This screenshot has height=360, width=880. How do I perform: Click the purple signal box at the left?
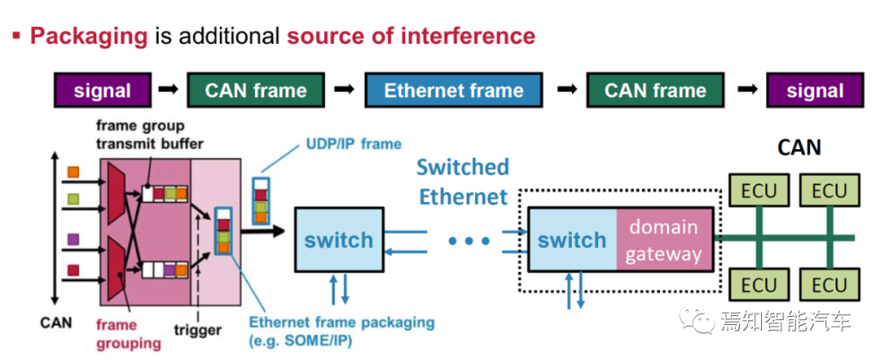(x=103, y=90)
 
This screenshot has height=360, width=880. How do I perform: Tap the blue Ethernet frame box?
(x=453, y=90)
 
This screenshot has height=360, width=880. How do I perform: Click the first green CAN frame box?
(x=256, y=90)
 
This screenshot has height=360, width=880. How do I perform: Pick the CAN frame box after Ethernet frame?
(x=655, y=90)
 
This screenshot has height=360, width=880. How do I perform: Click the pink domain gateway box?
(x=665, y=240)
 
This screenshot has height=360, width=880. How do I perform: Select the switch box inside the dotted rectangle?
(x=572, y=240)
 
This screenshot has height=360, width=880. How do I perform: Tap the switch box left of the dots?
(x=338, y=240)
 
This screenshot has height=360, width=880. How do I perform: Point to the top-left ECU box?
(x=759, y=192)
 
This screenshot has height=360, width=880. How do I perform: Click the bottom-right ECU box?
(x=829, y=285)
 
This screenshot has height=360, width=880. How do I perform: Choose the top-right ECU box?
(x=829, y=192)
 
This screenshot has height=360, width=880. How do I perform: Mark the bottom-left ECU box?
(x=759, y=285)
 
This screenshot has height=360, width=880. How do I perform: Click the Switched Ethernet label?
(x=462, y=181)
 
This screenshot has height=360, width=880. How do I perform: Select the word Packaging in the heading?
(x=89, y=36)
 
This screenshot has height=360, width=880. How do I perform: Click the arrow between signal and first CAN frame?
(x=169, y=90)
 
